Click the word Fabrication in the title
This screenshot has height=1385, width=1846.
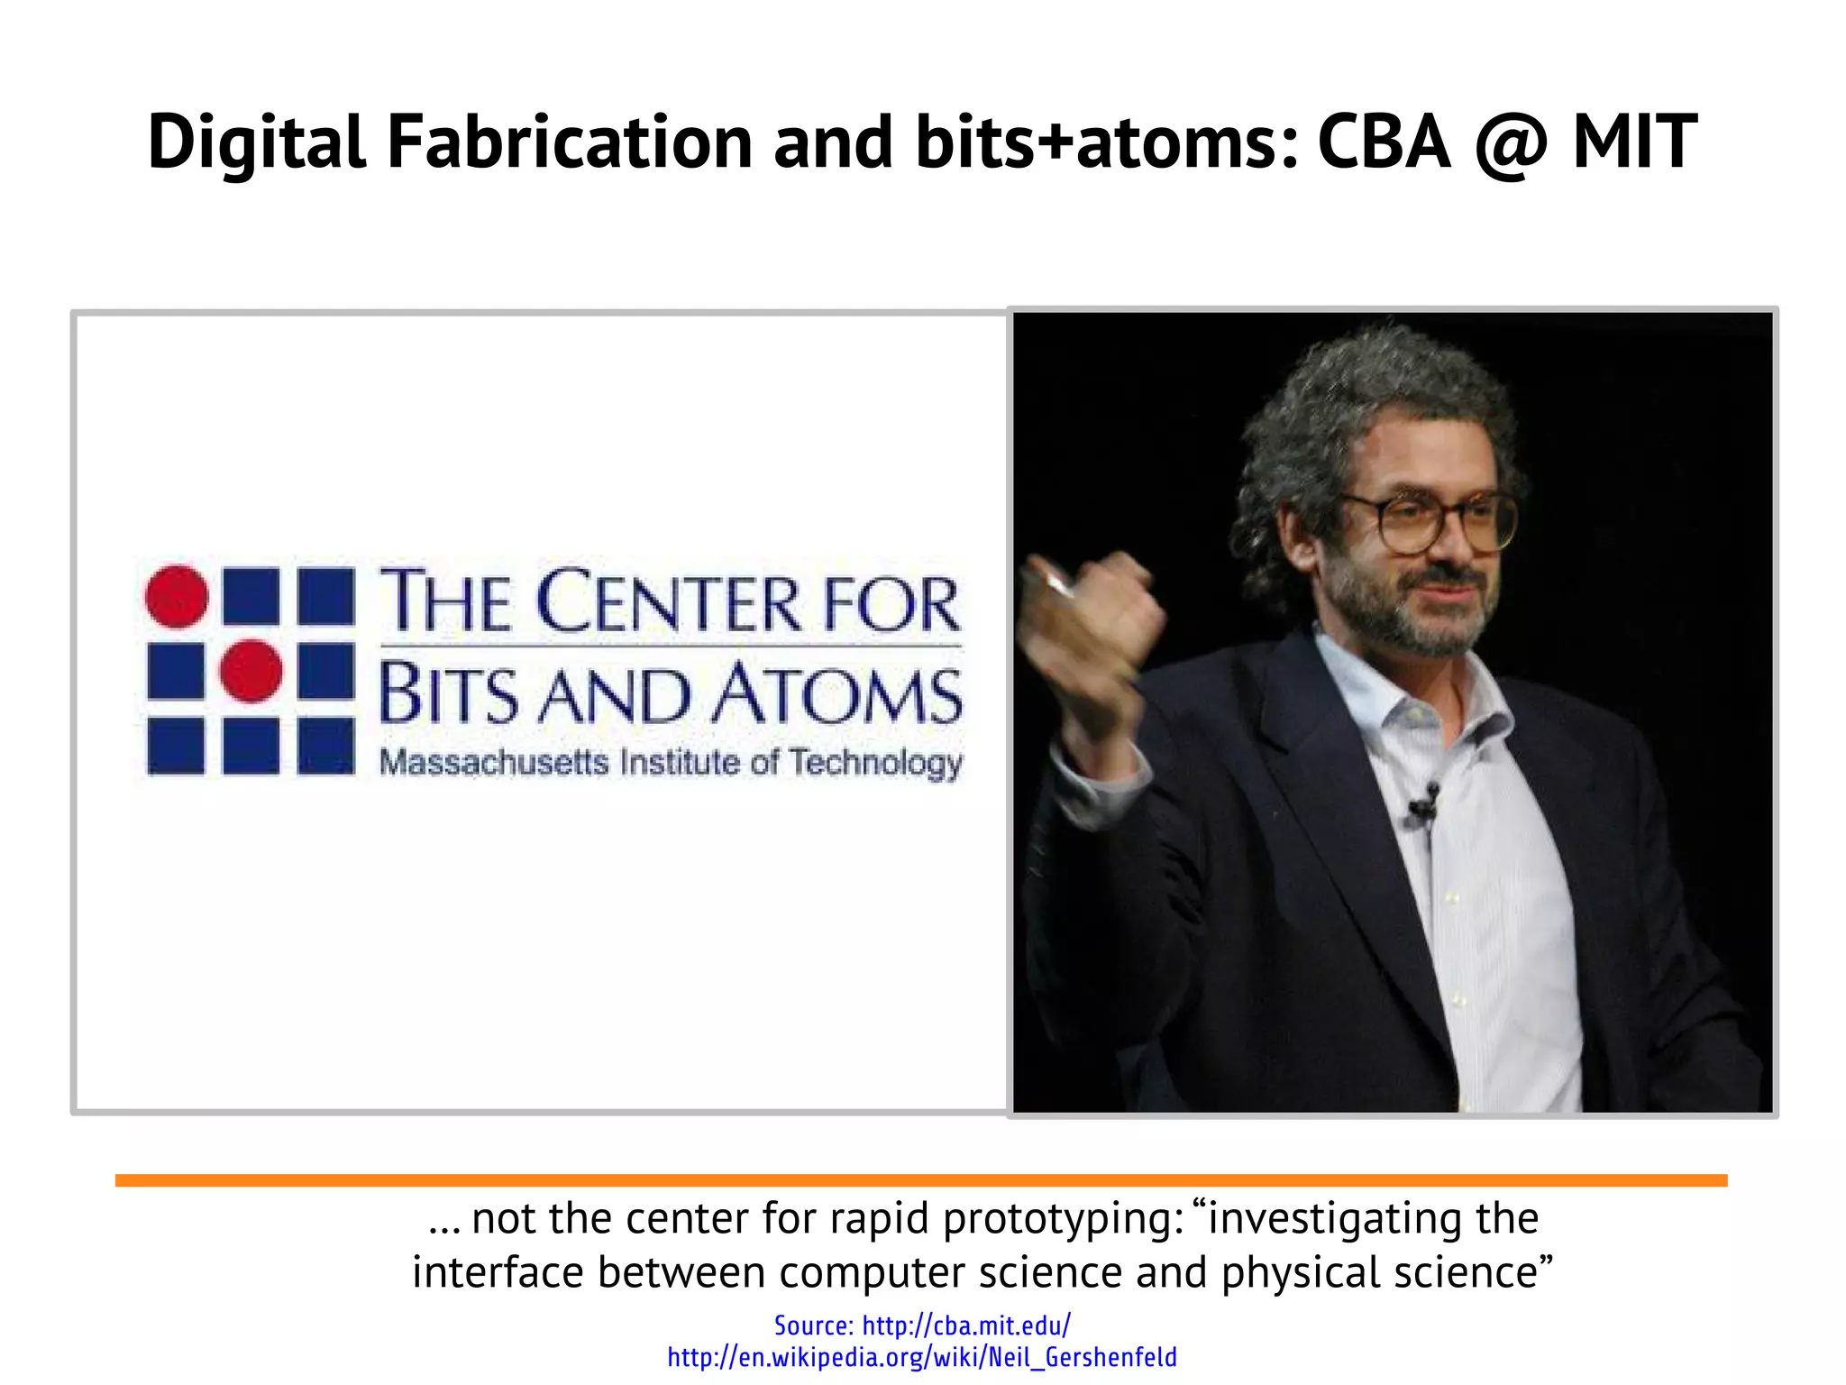tap(570, 142)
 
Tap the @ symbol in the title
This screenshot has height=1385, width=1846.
tap(1511, 144)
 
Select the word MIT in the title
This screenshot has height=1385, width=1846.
tap(1634, 142)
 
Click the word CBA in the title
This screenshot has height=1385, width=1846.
tap(1384, 142)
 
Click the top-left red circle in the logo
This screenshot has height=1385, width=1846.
tap(177, 596)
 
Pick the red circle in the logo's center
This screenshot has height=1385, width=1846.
tap(251, 671)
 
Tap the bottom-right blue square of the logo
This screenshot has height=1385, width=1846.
tap(325, 746)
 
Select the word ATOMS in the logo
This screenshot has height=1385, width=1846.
tap(838, 695)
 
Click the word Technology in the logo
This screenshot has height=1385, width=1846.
tap(876, 764)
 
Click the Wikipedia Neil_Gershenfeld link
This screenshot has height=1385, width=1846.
tap(921, 1357)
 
